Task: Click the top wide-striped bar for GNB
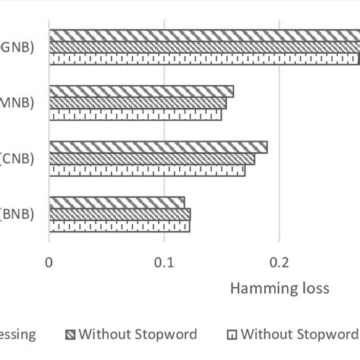pyautogui.click(x=204, y=36)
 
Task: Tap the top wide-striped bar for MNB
pyautogui.click(x=141, y=91)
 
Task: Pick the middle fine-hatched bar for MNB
pyautogui.click(x=137, y=103)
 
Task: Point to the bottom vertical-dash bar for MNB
pyautogui.click(x=135, y=114)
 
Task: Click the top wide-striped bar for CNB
pyautogui.click(x=158, y=147)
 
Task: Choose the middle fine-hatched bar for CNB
pyautogui.click(x=152, y=159)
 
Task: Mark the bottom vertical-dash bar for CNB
pyautogui.click(x=147, y=170)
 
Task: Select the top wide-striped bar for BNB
pyautogui.click(x=117, y=202)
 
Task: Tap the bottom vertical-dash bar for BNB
pyautogui.click(x=119, y=226)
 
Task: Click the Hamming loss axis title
pyautogui.click(x=279, y=289)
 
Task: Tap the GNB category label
pyautogui.click(x=17, y=48)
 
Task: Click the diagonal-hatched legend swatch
pyautogui.click(x=71, y=334)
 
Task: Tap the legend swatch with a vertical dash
pyautogui.click(x=233, y=334)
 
